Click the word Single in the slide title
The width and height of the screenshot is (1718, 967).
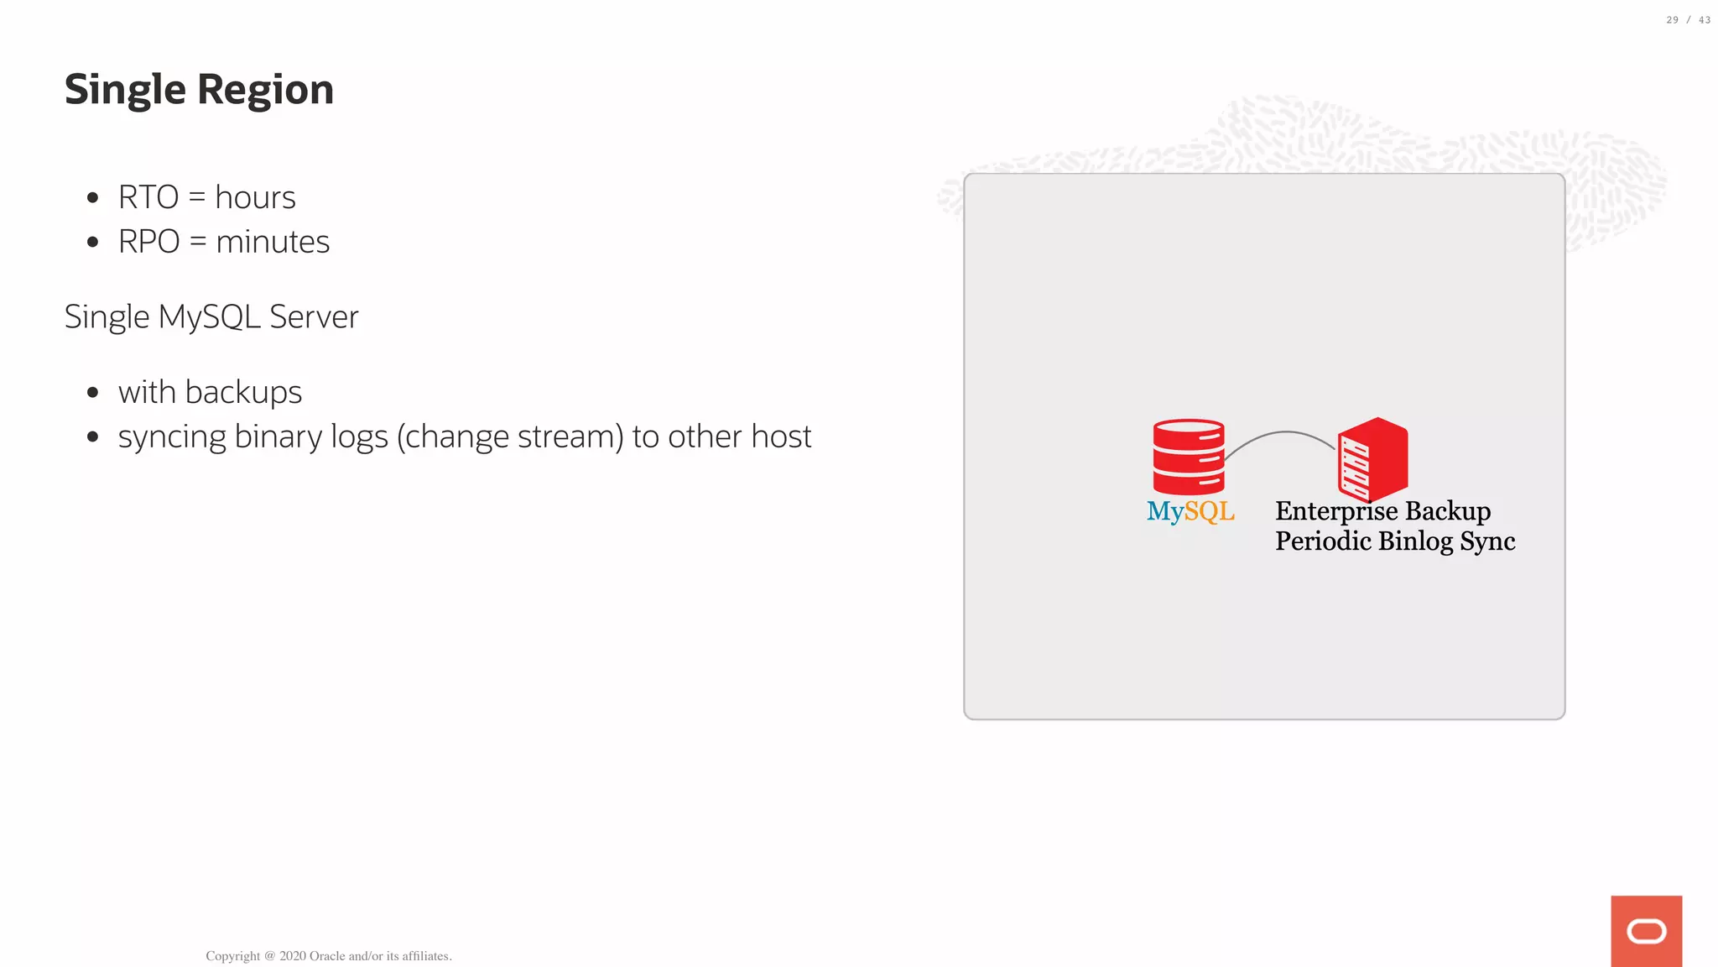pyautogui.click(x=124, y=90)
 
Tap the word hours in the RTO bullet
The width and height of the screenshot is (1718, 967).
pyautogui.click(x=255, y=198)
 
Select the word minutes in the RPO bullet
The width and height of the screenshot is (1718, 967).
pyautogui.click(x=273, y=243)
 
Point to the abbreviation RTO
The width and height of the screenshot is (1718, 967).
pyautogui.click(x=148, y=198)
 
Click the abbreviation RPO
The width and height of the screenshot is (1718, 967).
pyautogui.click(x=149, y=243)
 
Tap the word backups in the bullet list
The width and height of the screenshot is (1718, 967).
pyautogui.click(x=243, y=393)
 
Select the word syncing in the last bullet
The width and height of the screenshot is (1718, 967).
pyautogui.click(x=172, y=437)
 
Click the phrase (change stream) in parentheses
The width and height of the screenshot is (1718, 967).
pyautogui.click(x=510, y=437)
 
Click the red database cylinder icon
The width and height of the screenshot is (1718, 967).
pyautogui.click(x=1188, y=457)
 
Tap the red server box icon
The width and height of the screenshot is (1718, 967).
pyautogui.click(x=1372, y=459)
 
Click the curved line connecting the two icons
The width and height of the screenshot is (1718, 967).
pyautogui.click(x=1283, y=433)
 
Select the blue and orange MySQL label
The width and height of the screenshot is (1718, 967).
pyautogui.click(x=1190, y=511)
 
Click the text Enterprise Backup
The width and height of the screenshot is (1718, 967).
pyautogui.click(x=1382, y=511)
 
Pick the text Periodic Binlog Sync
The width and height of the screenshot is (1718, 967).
pyautogui.click(x=1394, y=541)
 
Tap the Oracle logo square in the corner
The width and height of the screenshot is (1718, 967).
pyautogui.click(x=1646, y=931)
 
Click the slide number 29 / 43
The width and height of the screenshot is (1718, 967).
pyautogui.click(x=1688, y=20)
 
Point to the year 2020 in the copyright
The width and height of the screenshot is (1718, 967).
pyautogui.click(x=292, y=956)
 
